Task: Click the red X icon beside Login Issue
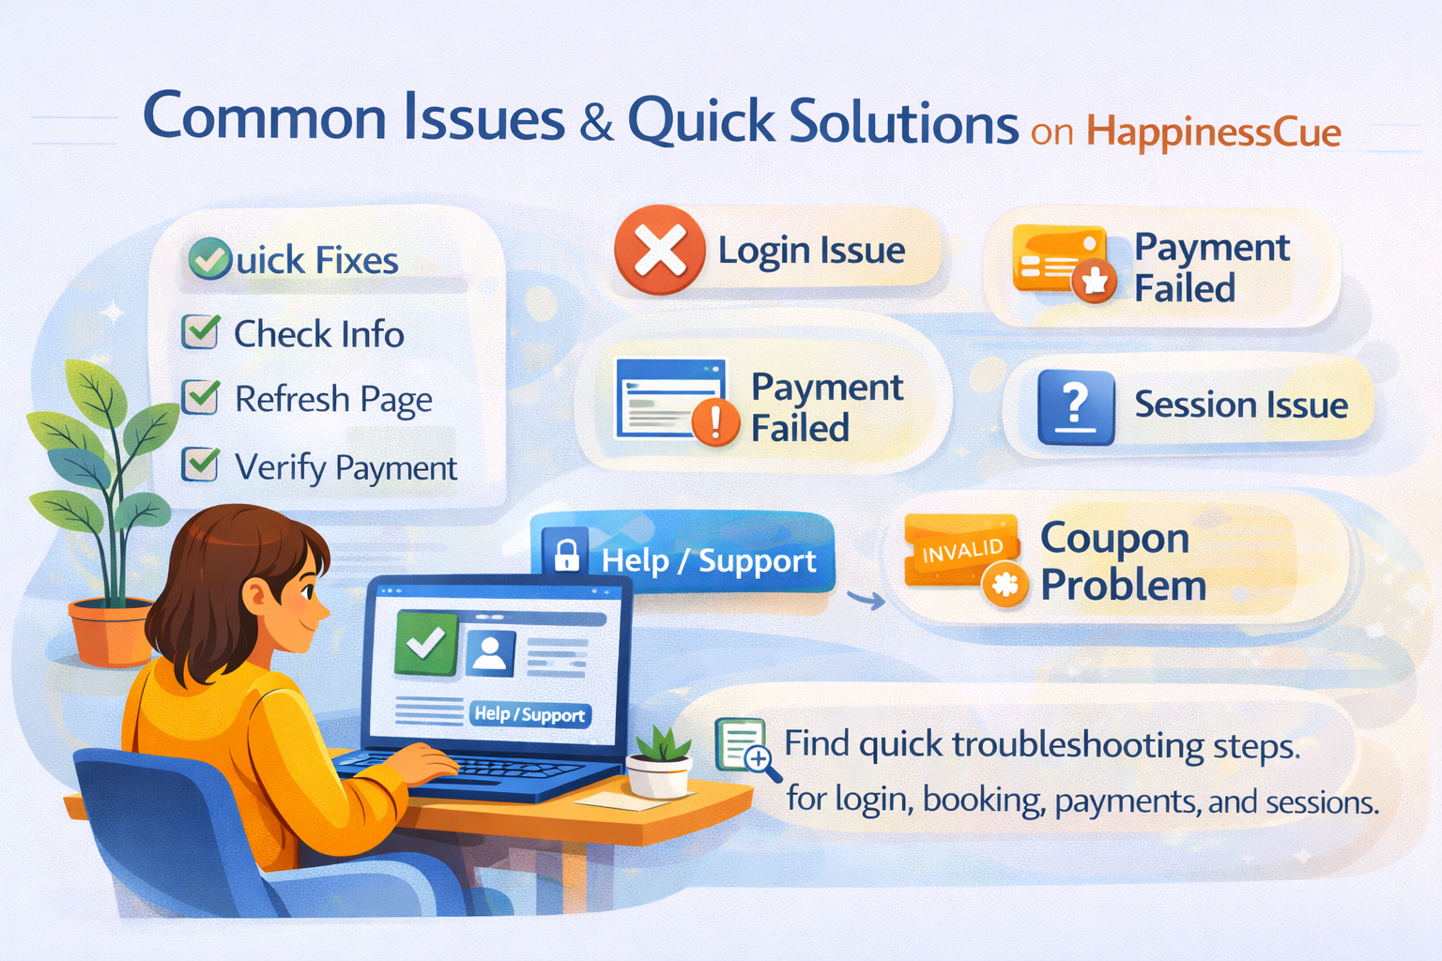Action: (659, 251)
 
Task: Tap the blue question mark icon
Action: (1076, 407)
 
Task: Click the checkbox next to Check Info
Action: (200, 331)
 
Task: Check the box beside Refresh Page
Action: (200, 397)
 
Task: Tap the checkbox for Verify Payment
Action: (200, 465)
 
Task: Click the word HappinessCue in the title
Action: (1213, 132)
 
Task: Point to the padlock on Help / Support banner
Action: (566, 555)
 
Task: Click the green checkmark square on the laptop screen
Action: (425, 643)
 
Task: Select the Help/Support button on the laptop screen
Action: (529, 714)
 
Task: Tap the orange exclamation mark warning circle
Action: (714, 423)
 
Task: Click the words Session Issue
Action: (1240, 404)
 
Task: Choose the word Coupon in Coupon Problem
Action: (1114, 538)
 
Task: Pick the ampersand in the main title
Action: (596, 124)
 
